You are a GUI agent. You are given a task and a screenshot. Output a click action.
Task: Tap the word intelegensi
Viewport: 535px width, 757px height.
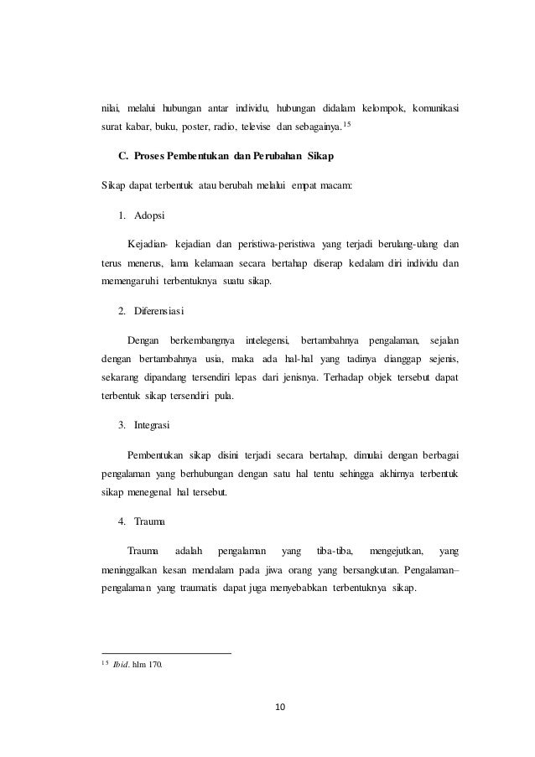point(267,340)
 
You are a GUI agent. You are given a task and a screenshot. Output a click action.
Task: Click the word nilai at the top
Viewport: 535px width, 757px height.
point(105,109)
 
